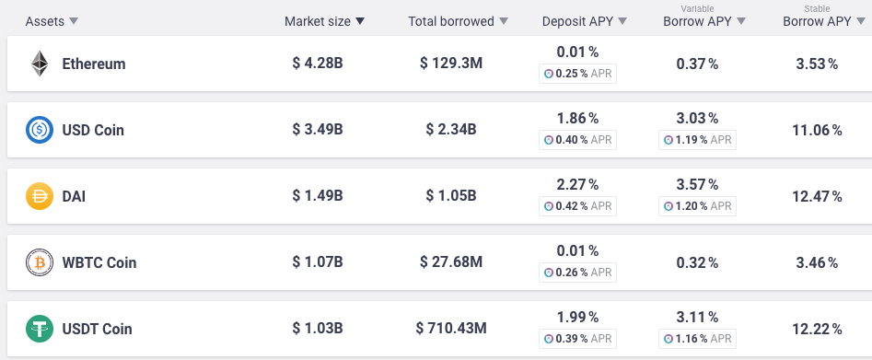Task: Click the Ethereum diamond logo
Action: [x=40, y=64]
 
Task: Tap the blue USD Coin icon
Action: [x=40, y=130]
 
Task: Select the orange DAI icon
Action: [x=40, y=196]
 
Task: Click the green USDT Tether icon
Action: [x=40, y=329]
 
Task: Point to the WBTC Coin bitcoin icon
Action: [x=40, y=262]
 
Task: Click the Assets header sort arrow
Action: [x=74, y=21]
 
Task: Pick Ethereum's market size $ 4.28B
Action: [x=318, y=63]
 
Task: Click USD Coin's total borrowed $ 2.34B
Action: [x=451, y=129]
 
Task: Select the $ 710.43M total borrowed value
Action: [x=451, y=329]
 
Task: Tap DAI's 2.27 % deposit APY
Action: [x=578, y=184]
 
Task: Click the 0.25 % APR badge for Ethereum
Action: [x=578, y=74]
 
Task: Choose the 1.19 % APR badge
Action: [x=697, y=140]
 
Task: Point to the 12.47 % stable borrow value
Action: [x=817, y=196]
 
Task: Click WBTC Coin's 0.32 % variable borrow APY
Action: [x=697, y=262]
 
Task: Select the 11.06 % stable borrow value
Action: [x=817, y=130]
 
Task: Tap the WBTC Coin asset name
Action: [x=99, y=262]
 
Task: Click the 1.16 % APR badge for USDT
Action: [x=697, y=339]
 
